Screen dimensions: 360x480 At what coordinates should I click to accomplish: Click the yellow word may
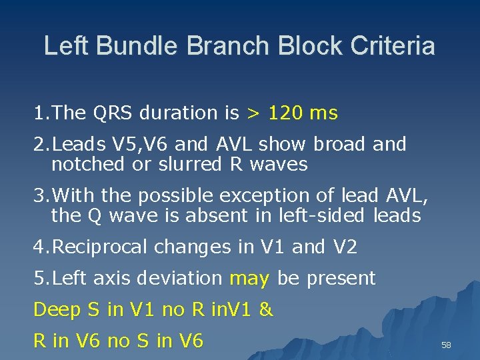pyautogui.click(x=249, y=279)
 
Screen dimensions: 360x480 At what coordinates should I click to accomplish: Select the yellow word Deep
pyautogui.click(x=57, y=310)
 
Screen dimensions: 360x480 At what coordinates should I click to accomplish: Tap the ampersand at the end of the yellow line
pyautogui.click(x=266, y=310)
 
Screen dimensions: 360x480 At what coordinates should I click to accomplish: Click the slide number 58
pyautogui.click(x=447, y=345)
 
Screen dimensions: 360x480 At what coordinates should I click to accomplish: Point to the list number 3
pyautogui.click(x=39, y=196)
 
